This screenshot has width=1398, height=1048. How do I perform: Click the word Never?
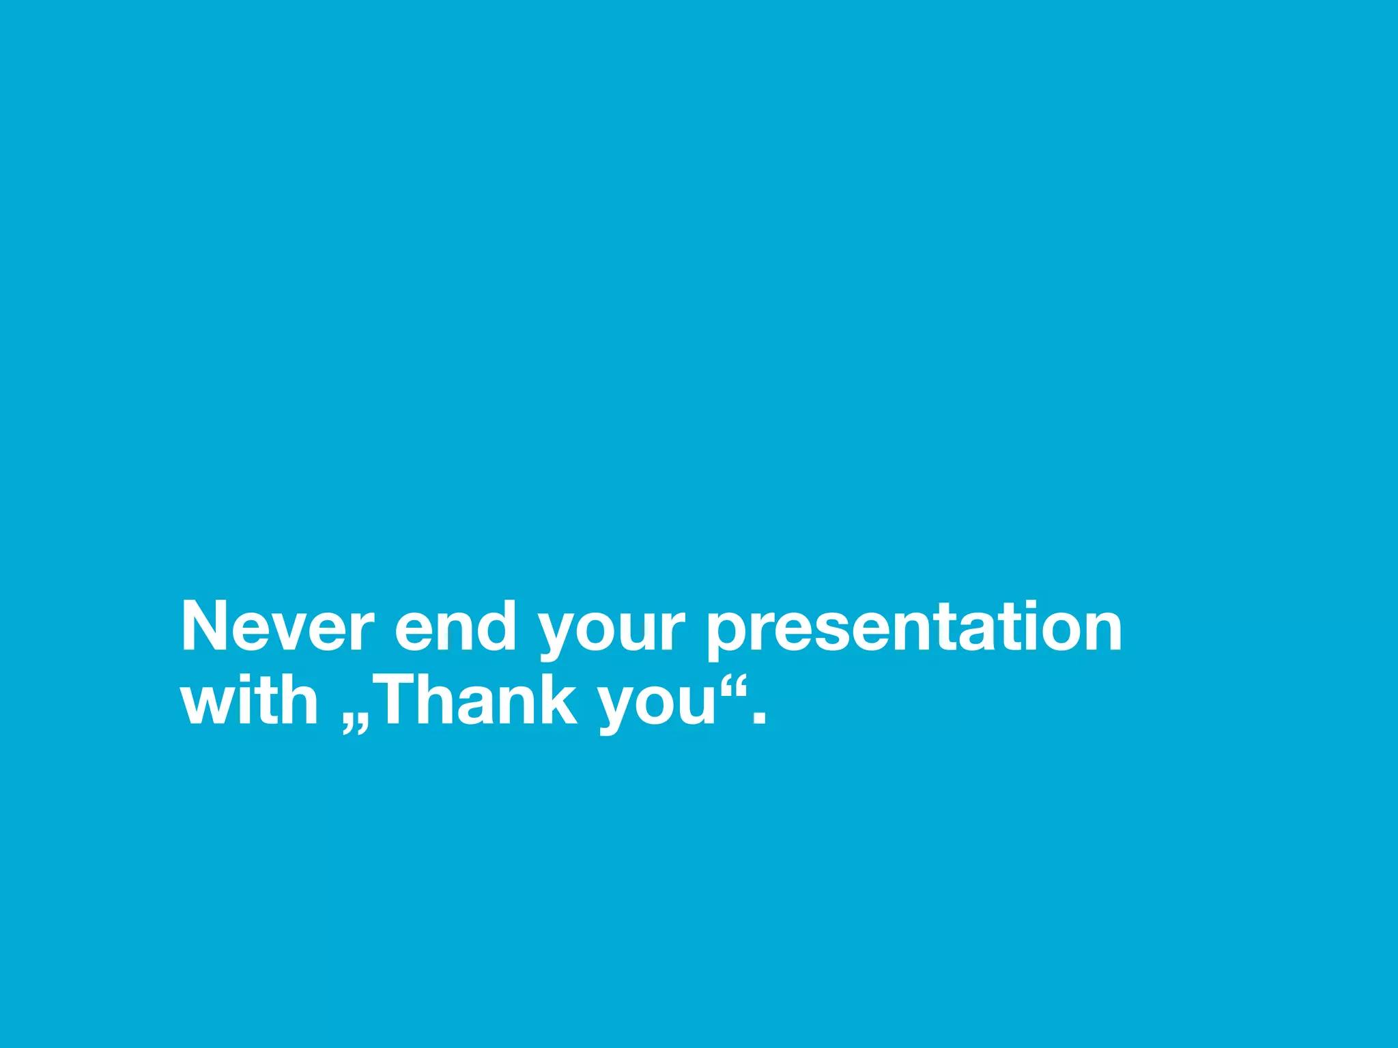pos(277,626)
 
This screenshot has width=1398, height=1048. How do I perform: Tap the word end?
pos(455,626)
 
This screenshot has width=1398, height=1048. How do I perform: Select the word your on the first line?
pos(611,631)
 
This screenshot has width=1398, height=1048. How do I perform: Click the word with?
pos(249,701)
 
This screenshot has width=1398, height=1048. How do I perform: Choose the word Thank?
pos(475,701)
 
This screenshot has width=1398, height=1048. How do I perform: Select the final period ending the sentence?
pos(758,718)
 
